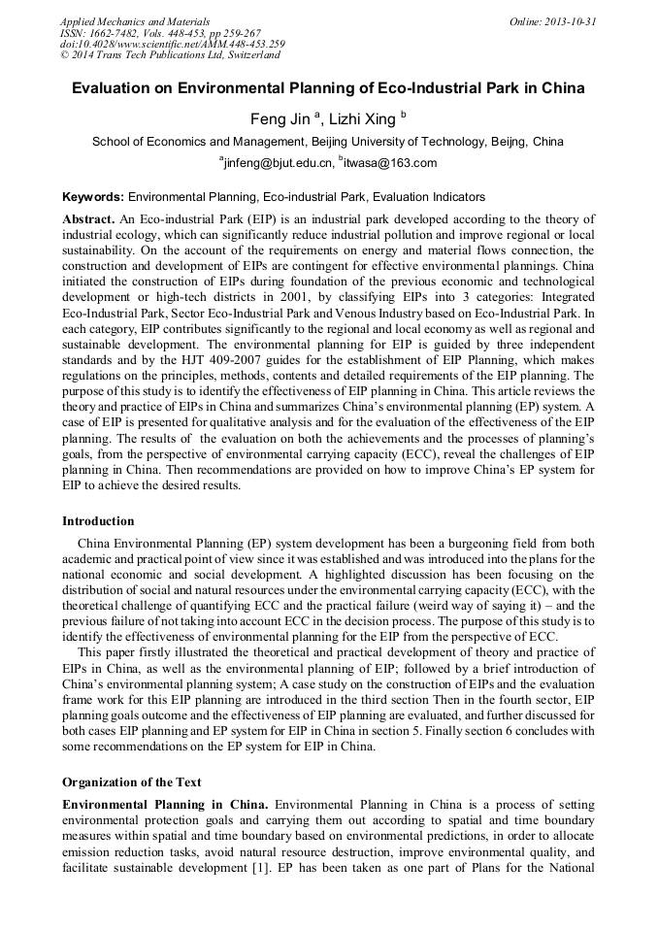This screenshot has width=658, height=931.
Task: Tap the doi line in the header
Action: (x=172, y=44)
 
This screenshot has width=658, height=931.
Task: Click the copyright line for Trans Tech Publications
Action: (x=170, y=55)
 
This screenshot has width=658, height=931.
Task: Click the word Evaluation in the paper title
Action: (x=115, y=89)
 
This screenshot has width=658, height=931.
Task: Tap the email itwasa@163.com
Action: (x=390, y=163)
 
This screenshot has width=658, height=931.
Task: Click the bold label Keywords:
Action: (x=93, y=196)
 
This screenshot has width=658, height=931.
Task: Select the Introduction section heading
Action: (x=98, y=521)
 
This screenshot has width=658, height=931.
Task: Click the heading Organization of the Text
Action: (x=131, y=781)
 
